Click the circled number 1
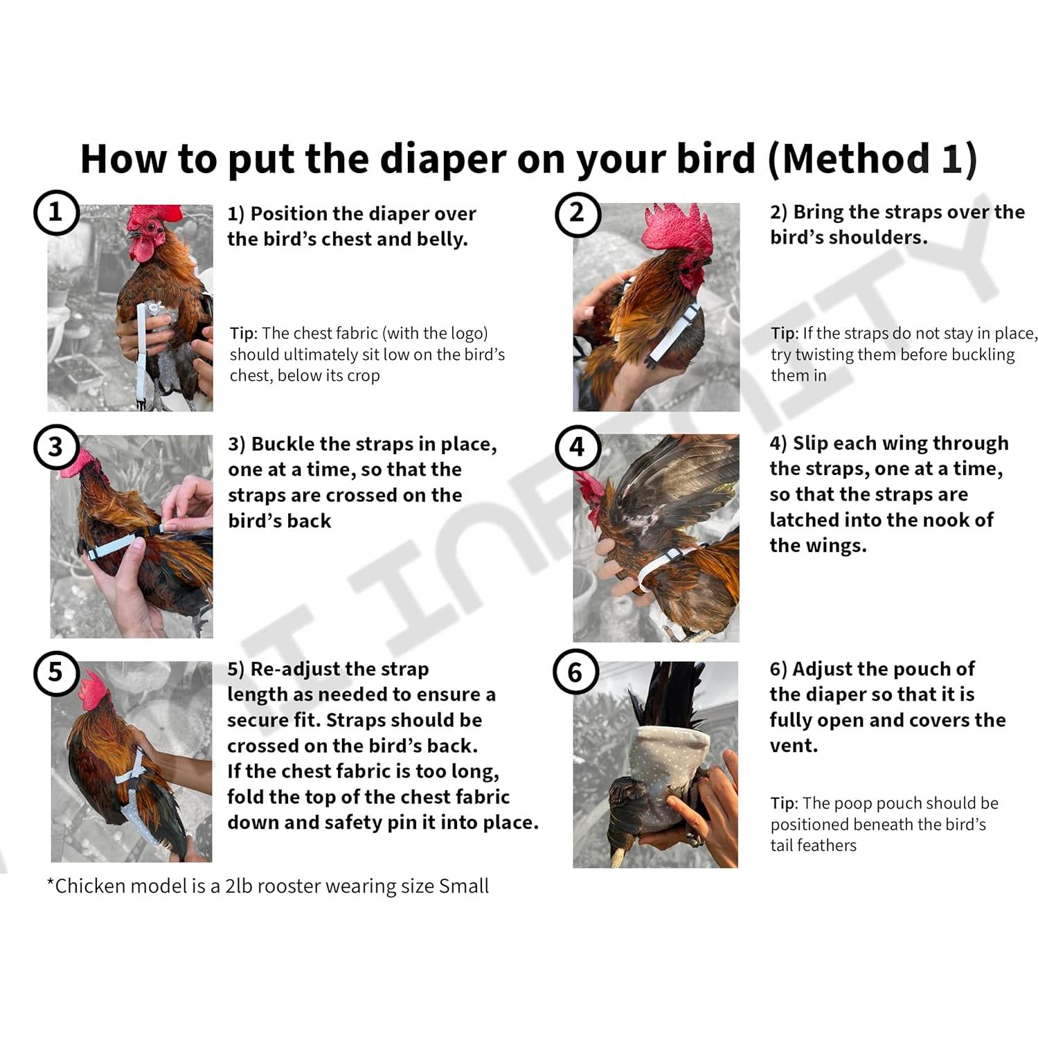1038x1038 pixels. click(56, 212)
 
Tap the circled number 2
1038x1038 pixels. click(578, 213)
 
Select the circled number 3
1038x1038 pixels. click(56, 447)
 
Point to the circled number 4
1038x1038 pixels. click(578, 447)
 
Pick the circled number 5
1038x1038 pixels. click(56, 672)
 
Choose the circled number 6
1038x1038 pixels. click(575, 672)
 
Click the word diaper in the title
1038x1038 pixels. click(442, 159)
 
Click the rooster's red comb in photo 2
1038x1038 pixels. click(677, 229)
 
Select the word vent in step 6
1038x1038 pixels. click(794, 746)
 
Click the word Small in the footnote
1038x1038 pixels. click(464, 886)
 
